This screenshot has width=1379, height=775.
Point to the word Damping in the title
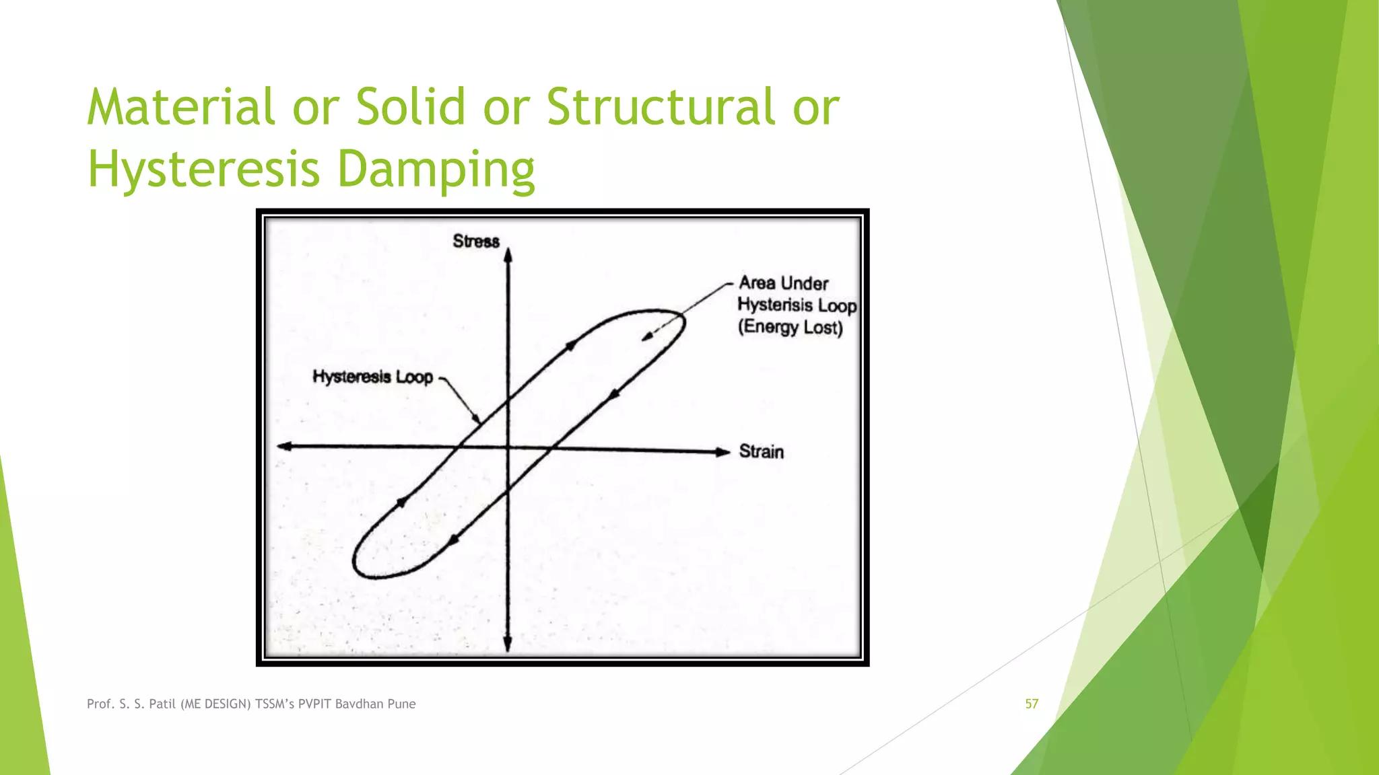[436, 170]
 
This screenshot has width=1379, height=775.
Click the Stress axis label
[476, 241]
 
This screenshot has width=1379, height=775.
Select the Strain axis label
[762, 451]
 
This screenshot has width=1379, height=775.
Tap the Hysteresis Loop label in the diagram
[372, 377]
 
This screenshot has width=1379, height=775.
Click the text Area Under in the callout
[783, 283]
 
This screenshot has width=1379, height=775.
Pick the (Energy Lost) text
[791, 328]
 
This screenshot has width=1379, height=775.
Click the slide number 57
[1032, 704]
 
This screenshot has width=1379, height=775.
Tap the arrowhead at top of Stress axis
[508, 254]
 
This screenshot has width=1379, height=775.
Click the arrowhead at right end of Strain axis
[724, 452]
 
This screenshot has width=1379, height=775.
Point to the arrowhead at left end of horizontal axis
[284, 446]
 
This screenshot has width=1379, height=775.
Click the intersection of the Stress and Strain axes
[508, 448]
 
